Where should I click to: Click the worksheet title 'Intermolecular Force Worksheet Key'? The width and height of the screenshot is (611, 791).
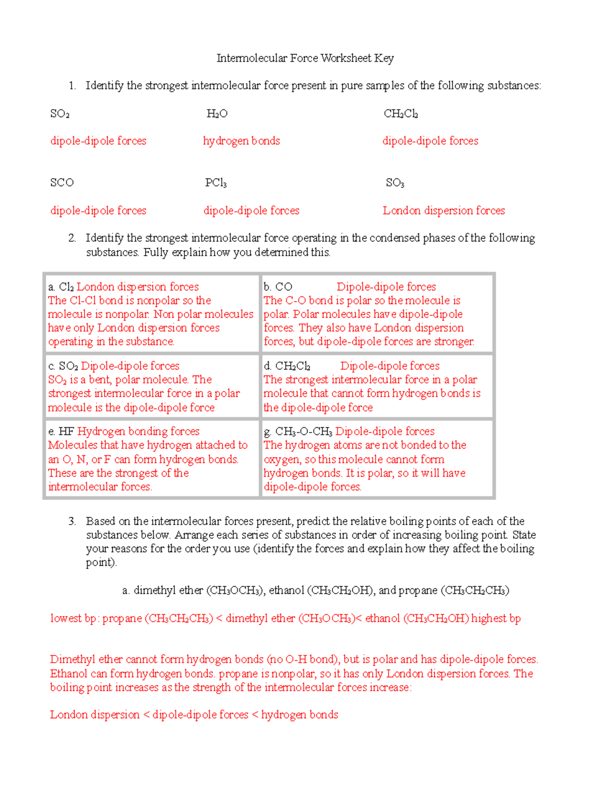point(305,58)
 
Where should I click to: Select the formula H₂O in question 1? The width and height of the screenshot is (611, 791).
point(217,114)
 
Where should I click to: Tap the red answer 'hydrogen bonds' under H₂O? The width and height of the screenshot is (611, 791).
point(241,141)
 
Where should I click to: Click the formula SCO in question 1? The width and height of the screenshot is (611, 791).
point(62,182)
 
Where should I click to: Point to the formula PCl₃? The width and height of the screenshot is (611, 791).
point(216,182)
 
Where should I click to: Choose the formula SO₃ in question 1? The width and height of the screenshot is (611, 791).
point(395,182)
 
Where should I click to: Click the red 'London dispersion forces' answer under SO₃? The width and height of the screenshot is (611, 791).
point(443,210)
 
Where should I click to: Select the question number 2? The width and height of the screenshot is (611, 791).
point(72,238)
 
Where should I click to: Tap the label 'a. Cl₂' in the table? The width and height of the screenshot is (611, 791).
point(61,287)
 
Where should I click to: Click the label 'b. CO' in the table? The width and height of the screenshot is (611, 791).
point(278,287)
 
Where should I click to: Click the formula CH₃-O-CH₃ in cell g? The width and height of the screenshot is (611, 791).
point(303,431)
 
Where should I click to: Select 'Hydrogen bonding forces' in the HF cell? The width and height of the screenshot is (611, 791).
point(138,431)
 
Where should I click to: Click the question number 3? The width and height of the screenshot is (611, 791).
point(72,521)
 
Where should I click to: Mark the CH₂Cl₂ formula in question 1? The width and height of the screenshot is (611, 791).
point(401,114)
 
